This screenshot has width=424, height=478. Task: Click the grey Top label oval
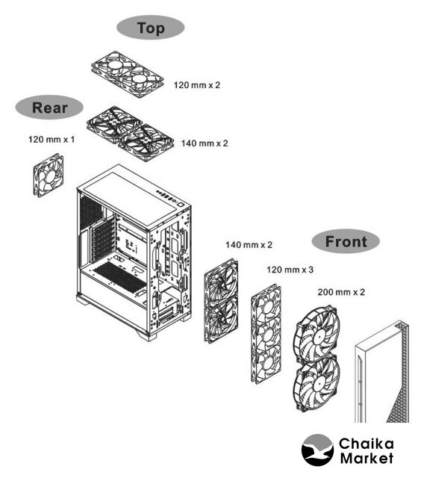click(151, 28)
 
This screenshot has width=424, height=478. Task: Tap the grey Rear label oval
click(49, 108)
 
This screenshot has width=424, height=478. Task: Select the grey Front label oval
click(346, 241)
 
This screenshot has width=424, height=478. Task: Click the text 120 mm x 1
click(52, 140)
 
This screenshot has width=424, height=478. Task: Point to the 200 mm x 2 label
click(341, 292)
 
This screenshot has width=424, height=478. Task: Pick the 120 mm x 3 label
click(290, 270)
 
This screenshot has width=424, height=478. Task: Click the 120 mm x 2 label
click(197, 85)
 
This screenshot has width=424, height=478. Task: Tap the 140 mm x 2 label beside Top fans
click(205, 143)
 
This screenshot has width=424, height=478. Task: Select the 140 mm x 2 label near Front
click(249, 245)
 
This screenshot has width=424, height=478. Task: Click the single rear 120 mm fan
click(49, 176)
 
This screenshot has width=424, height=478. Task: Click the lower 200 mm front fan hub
click(318, 385)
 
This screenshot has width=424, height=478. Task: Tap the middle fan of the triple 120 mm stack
click(266, 335)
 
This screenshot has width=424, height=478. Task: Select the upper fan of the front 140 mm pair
click(221, 281)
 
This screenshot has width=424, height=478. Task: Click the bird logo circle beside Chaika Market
click(317, 450)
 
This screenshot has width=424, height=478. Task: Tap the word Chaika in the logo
click(366, 444)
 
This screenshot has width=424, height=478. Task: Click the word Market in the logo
click(367, 458)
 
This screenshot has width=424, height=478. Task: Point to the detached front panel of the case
click(381, 372)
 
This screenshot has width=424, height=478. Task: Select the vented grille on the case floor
click(119, 276)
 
